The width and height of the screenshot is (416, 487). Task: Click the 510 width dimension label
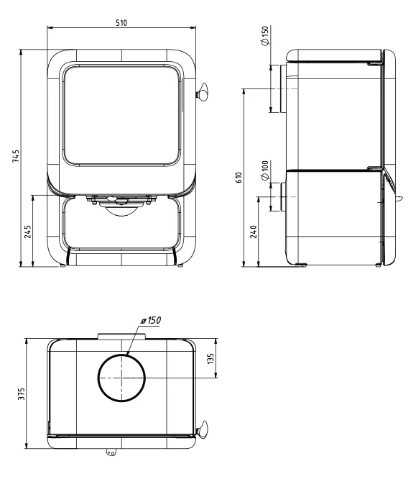[121, 23]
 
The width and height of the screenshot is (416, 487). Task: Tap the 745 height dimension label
[16, 156]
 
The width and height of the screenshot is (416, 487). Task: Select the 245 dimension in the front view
[28, 232]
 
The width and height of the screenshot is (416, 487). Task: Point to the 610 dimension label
[239, 178]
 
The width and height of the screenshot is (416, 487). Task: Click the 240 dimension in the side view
[254, 232]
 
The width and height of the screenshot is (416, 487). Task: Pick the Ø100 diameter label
[264, 170]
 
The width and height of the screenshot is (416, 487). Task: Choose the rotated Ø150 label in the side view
[265, 36]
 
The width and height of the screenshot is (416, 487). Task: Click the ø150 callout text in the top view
[151, 320]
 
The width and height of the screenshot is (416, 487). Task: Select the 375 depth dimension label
[21, 393]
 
